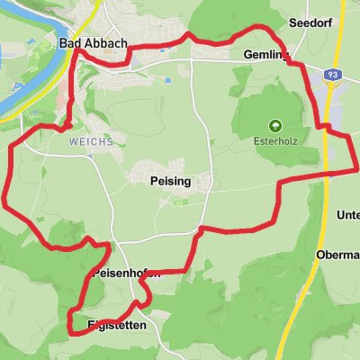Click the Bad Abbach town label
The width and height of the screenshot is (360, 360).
click(x=93, y=43)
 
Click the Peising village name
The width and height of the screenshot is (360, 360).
click(x=164, y=180)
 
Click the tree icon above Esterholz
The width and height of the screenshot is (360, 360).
click(x=274, y=125)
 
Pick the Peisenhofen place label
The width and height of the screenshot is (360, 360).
click(x=126, y=274)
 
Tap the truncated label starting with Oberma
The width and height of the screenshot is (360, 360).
click(x=338, y=255)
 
